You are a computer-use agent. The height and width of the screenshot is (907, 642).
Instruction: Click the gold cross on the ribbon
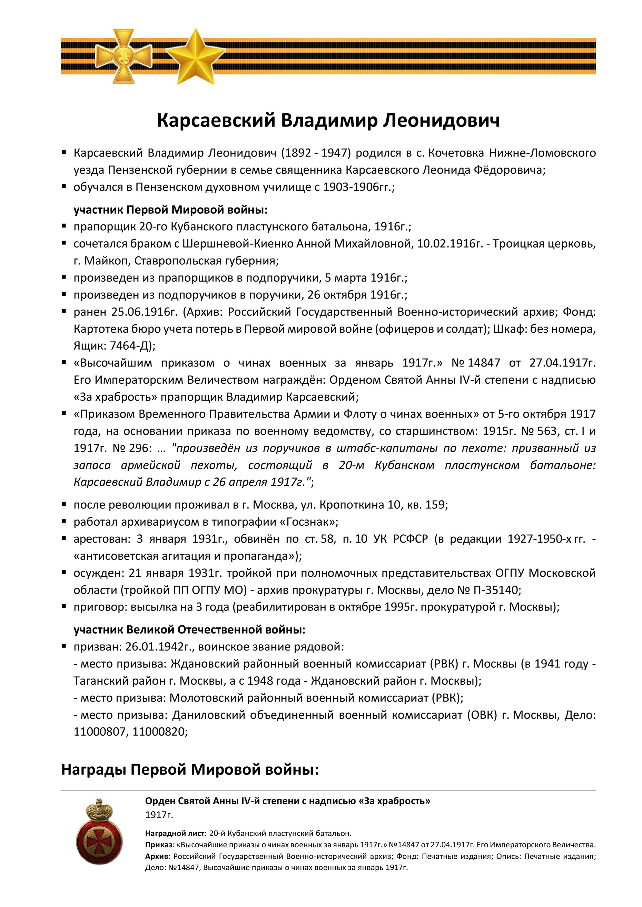coord(124,56)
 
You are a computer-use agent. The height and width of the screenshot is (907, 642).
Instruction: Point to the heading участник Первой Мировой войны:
coord(170,210)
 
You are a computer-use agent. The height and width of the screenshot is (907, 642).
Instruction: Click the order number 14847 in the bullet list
coord(483,363)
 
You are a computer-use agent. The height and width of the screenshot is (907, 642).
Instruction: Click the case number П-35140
coord(496,590)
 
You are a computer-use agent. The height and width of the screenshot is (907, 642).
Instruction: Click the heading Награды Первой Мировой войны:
coord(190,769)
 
